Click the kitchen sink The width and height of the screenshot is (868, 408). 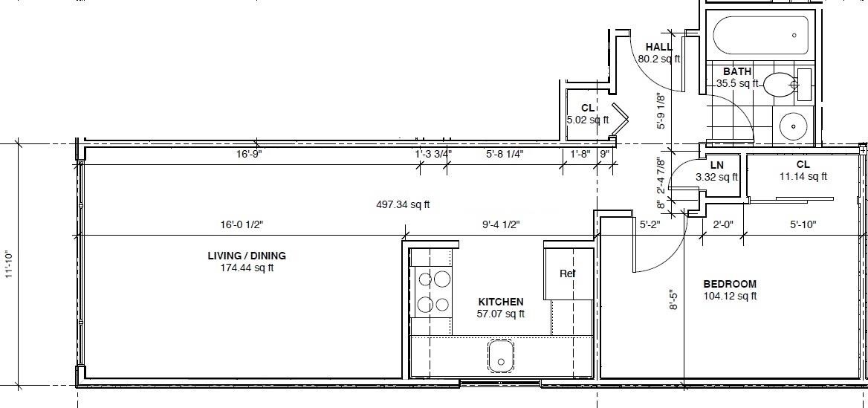pyautogui.click(x=500, y=355)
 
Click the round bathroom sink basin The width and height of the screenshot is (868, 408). pyautogui.click(x=794, y=126)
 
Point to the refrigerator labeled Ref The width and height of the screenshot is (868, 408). pyautogui.click(x=569, y=273)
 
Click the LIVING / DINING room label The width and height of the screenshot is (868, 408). pyautogui.click(x=247, y=256)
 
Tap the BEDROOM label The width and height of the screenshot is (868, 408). pyautogui.click(x=730, y=284)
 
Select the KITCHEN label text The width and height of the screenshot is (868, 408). pyautogui.click(x=500, y=302)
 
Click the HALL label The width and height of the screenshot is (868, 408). pyautogui.click(x=658, y=47)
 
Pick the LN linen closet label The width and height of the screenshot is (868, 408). pyautogui.click(x=717, y=165)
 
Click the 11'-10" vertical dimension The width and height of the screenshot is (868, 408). pyautogui.click(x=9, y=265)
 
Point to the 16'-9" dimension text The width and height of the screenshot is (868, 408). pyautogui.click(x=248, y=154)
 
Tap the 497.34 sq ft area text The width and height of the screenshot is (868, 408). pyautogui.click(x=403, y=204)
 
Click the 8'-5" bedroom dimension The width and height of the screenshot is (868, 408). pyautogui.click(x=673, y=299)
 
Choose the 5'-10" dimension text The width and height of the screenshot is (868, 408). pyautogui.click(x=803, y=224)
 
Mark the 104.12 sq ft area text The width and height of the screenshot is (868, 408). pyautogui.click(x=730, y=297)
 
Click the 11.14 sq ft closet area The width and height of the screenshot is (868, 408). pyautogui.click(x=803, y=177)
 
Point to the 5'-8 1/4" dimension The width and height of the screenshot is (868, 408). pyautogui.click(x=505, y=154)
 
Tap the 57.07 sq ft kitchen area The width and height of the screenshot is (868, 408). pyautogui.click(x=500, y=314)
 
